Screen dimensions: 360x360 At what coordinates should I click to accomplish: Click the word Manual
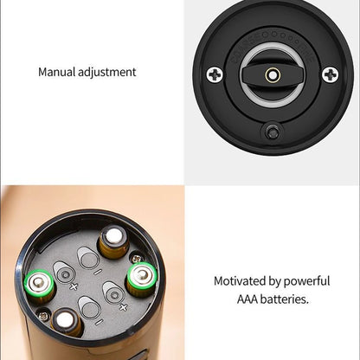tap(57, 72)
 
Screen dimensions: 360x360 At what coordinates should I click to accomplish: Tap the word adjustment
tap(107, 73)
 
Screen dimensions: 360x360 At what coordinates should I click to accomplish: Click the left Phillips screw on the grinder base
tap(215, 75)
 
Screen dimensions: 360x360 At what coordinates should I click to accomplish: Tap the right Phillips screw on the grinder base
tap(330, 75)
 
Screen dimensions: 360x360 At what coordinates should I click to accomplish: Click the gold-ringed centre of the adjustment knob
tap(272, 75)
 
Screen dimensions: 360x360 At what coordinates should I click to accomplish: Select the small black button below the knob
tap(273, 132)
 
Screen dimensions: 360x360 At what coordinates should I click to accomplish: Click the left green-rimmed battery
tap(40, 283)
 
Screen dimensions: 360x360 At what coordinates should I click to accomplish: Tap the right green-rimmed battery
tap(142, 277)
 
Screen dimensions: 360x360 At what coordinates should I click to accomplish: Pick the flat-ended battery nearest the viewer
tap(67, 323)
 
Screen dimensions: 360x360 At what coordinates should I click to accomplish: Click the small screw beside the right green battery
tap(137, 256)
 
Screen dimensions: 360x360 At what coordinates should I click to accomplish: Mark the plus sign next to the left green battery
tap(73, 286)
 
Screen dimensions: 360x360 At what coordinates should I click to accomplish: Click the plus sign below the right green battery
tap(123, 306)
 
